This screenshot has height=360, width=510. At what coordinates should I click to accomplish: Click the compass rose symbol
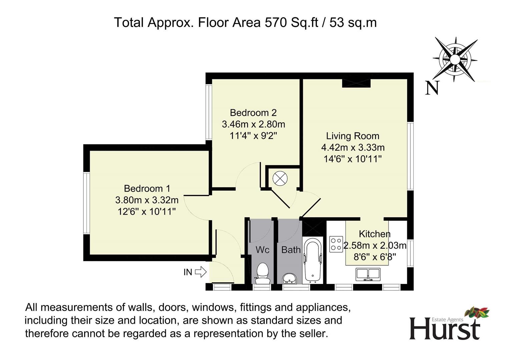point(455,60)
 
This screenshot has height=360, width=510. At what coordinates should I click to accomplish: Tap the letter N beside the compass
point(432,88)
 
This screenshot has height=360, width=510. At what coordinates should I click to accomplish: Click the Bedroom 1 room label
point(147,188)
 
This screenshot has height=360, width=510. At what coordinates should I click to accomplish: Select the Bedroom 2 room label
point(253,113)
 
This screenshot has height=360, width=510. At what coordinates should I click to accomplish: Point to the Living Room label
point(353,136)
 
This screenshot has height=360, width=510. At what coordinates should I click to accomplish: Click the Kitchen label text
point(375,234)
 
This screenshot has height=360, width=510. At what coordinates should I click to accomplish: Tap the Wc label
point(262,250)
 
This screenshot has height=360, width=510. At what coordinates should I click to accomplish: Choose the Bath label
point(291,250)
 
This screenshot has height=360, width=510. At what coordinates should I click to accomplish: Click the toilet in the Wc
point(263,273)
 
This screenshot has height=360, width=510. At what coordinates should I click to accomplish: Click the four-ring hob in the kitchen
point(336,244)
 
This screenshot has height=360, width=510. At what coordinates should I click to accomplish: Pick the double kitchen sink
point(368,275)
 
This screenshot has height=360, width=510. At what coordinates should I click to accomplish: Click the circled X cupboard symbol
point(280,178)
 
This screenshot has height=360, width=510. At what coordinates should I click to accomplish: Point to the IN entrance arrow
point(201,272)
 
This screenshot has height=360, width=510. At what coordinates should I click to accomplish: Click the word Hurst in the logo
point(445,330)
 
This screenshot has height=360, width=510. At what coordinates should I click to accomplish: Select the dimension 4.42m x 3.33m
point(353,147)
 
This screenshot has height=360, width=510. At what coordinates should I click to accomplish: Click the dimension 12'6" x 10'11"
point(147,212)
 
